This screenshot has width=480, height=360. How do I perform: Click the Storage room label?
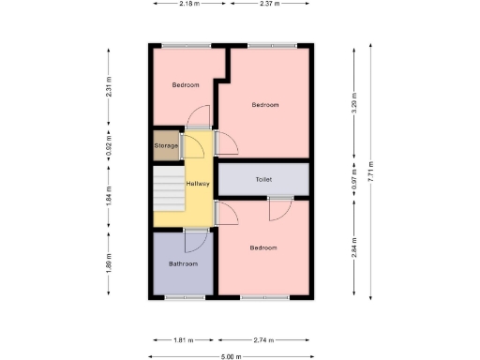click(166, 145)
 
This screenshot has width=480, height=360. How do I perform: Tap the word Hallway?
click(197, 184)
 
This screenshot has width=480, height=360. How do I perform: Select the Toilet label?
click(263, 179)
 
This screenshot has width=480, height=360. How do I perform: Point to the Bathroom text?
click(183, 264)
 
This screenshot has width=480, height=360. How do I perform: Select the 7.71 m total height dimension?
click(373, 174)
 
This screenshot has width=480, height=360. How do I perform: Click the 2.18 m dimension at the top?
click(189, 4)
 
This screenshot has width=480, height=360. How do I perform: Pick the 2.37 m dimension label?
click(270, 4)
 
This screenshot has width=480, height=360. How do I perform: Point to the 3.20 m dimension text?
click(354, 101)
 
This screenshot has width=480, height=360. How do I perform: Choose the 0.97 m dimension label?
click(354, 178)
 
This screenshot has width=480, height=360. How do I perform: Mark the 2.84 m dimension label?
click(354, 249)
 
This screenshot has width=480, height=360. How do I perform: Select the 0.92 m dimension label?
click(109, 146)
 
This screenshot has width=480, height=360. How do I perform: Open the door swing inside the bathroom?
click(195, 242)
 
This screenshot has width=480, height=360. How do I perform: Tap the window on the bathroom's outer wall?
click(185, 297)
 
